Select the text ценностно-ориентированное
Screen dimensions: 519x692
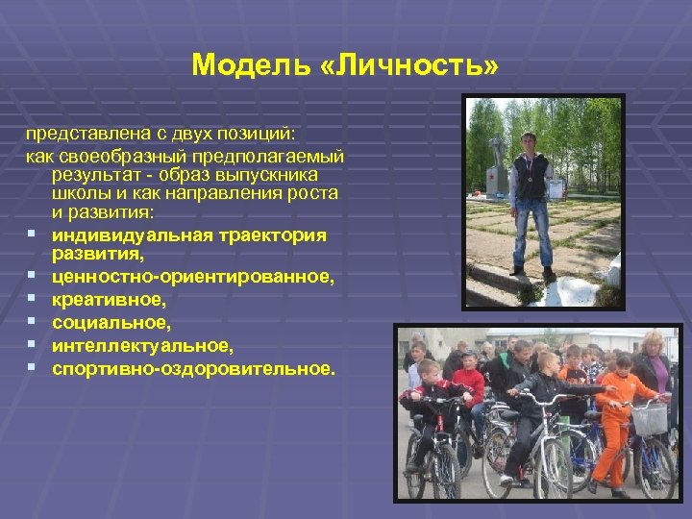[193, 278]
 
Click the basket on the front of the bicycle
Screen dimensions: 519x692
[651, 419]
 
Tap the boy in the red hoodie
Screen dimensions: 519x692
[468, 384]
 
